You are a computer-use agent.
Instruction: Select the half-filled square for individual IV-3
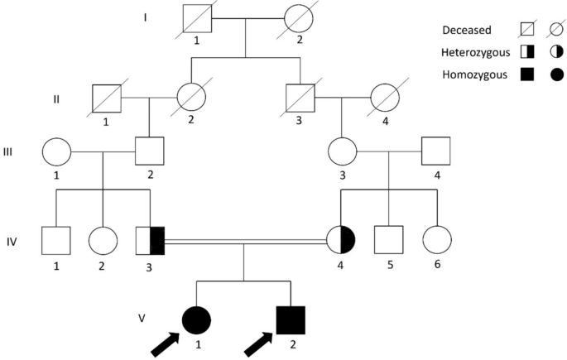click(151, 241)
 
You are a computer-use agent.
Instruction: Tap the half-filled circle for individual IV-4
click(342, 241)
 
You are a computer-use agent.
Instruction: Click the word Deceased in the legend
click(466, 31)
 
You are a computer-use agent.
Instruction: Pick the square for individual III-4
click(435, 152)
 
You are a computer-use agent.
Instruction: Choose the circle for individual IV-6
click(436, 240)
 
